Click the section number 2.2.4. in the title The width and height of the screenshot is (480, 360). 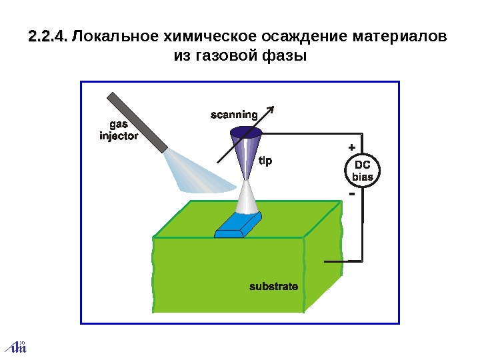tap(49, 35)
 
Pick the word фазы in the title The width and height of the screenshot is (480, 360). tap(284, 56)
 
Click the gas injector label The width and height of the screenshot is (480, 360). tap(118, 131)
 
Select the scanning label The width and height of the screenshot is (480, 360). tap(234, 114)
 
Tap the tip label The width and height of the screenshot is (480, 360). tap(265, 161)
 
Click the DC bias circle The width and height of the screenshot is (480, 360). tap(362, 171)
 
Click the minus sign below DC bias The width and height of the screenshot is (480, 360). tap(351, 195)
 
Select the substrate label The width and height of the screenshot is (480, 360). tap(273, 286)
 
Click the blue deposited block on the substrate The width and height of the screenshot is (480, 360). tap(238, 225)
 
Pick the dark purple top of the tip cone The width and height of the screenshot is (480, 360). tap(246, 132)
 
